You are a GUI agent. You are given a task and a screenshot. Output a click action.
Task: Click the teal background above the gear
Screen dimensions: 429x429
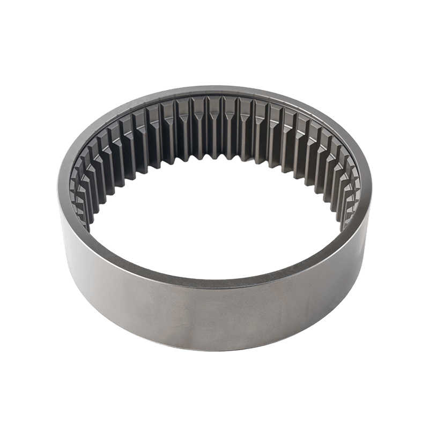click(x=214, y=43)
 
